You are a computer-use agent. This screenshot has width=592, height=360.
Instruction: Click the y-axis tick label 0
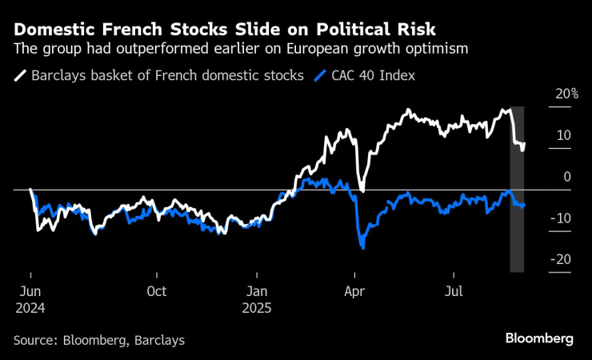(566, 177)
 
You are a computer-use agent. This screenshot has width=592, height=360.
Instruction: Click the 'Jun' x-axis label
(30, 291)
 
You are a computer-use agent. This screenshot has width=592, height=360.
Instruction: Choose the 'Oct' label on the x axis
(157, 291)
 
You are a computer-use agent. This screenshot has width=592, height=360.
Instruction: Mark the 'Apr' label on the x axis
(354, 291)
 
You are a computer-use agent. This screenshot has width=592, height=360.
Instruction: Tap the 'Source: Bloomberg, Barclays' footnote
(98, 340)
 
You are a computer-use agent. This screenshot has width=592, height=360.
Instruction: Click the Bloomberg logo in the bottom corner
(539, 338)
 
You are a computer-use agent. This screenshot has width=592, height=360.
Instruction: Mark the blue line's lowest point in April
(363, 248)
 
